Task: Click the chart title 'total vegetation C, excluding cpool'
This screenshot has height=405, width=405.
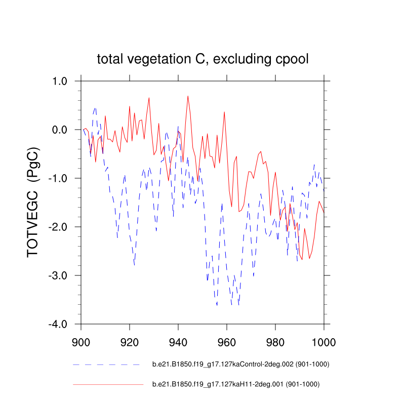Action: pos(202,60)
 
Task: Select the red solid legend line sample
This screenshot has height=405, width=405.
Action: pos(108,385)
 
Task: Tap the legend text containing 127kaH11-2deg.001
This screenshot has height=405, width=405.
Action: pos(236,385)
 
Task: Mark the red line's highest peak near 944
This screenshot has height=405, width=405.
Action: pos(188,96)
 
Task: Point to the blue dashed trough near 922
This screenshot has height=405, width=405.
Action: pos(134,265)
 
